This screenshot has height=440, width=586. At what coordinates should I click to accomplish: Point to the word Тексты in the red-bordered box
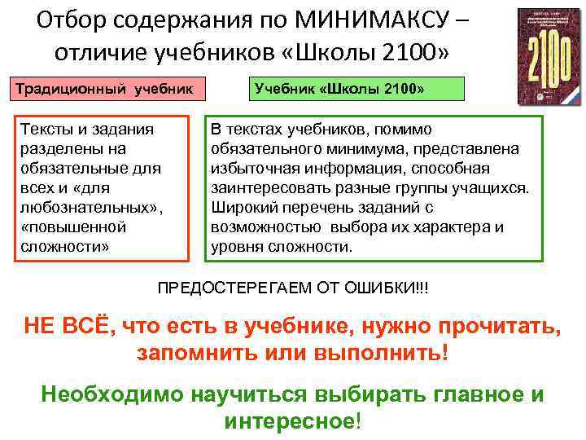coord(42,130)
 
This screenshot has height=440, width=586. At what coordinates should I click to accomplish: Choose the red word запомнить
coord(193,355)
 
